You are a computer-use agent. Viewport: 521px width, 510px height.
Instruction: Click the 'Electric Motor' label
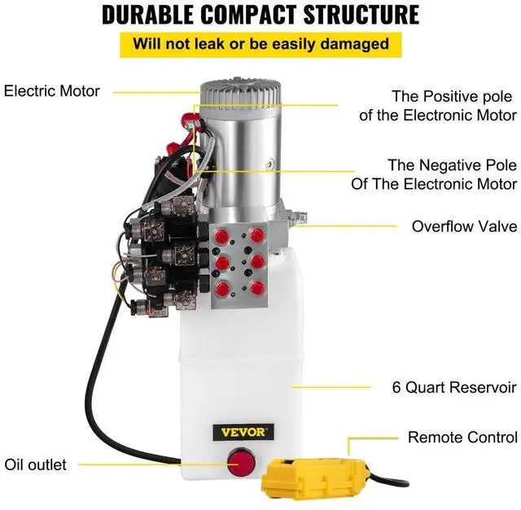(52, 90)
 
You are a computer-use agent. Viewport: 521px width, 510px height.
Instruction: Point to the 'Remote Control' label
(462, 437)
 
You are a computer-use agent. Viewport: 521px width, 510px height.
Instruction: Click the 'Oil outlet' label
(36, 465)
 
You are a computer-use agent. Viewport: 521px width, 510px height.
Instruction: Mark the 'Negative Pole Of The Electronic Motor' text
(434, 174)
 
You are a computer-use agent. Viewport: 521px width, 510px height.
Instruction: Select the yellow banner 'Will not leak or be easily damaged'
(260, 44)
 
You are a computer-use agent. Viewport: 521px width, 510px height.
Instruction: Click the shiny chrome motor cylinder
(244, 163)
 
